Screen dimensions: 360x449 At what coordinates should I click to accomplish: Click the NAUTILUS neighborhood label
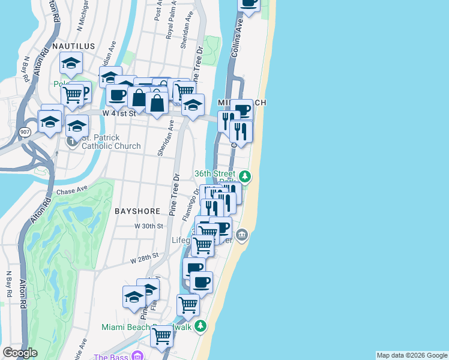point(74,46)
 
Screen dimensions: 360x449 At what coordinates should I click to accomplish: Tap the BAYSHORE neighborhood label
point(137,211)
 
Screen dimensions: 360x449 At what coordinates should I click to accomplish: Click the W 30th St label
point(149,226)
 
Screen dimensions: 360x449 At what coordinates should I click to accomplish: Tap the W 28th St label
point(144,257)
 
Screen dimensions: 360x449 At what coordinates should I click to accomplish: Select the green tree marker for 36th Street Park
point(244,176)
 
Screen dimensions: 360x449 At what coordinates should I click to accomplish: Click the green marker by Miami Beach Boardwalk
point(200,326)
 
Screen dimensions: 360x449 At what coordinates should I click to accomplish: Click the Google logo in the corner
point(20,353)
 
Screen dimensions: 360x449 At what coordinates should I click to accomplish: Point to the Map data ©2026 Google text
point(412,355)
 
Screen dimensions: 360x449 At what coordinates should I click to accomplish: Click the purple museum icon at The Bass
point(137,356)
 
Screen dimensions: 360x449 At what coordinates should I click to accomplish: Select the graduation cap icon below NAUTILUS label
point(71,63)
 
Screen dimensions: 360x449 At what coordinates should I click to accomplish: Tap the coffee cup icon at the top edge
point(249,3)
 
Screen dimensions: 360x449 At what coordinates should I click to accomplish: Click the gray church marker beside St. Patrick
point(73,142)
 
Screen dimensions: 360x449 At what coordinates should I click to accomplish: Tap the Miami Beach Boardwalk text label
point(146,327)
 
